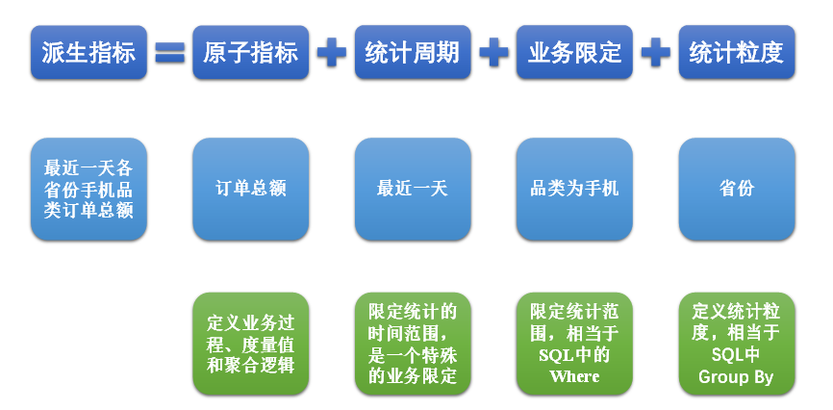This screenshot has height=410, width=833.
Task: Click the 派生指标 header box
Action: pos(88,53)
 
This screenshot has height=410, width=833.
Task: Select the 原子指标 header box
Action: pos(251,53)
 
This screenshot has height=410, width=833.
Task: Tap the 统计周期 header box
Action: pos(413,53)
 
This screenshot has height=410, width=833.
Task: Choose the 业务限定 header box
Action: pos(574,53)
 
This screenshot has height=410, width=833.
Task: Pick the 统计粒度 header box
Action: pos(737,53)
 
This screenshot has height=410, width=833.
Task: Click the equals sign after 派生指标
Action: pos(170,53)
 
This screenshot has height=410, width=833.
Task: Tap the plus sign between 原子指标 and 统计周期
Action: pos(332,53)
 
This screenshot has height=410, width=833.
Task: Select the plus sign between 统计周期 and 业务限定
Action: pos(493,53)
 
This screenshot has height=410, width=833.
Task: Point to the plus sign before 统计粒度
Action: pos(656,53)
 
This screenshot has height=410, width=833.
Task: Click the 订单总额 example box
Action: pos(251,189)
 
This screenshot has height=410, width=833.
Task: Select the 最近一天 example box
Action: pos(413,189)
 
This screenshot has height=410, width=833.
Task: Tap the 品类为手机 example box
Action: pos(574,189)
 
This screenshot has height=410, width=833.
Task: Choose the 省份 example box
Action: pos(737,189)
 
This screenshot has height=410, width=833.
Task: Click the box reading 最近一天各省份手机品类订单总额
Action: pos(88,189)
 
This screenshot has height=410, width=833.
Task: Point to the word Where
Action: pos(574,376)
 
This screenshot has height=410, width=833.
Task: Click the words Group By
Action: pos(736,377)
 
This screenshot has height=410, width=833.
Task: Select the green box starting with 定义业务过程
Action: pos(251,344)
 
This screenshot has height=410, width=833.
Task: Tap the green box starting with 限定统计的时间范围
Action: pos(413,344)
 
